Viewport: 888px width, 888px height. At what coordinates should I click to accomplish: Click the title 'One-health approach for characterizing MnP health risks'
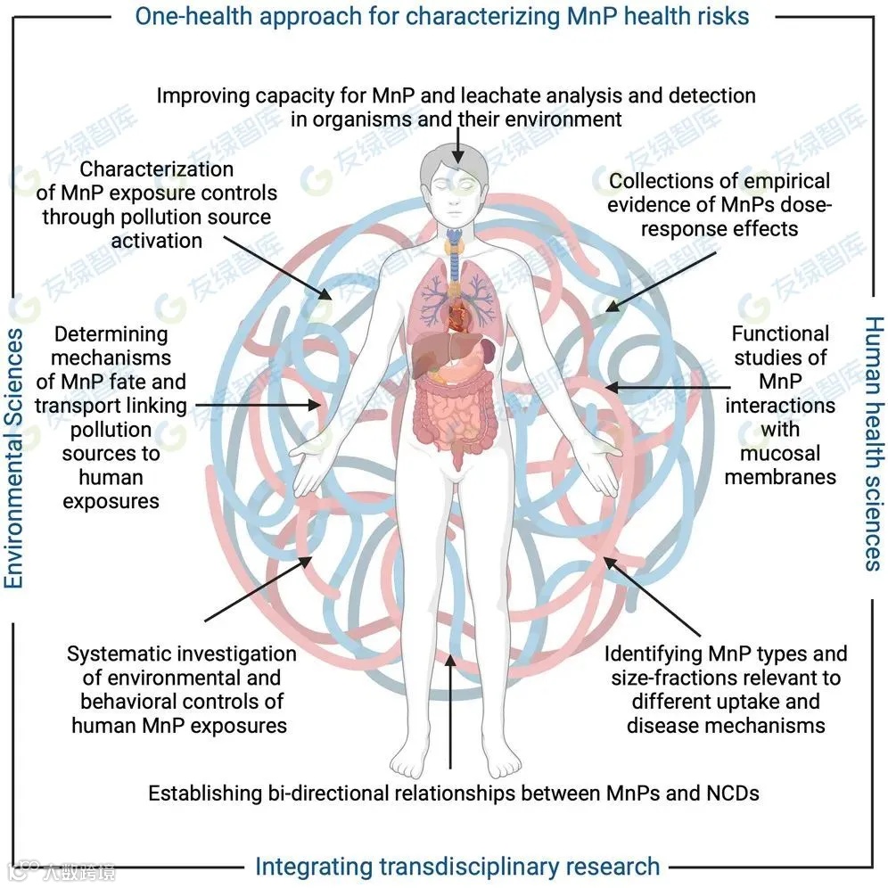[442, 15]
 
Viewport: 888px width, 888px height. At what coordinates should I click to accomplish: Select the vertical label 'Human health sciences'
[875, 443]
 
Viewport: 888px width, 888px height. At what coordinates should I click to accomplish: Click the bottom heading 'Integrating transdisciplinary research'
[457, 865]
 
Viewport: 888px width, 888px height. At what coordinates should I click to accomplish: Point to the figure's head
[456, 184]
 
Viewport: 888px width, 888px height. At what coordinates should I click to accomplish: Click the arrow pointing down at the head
[457, 146]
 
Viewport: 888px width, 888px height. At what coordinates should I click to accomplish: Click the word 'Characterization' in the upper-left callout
[157, 169]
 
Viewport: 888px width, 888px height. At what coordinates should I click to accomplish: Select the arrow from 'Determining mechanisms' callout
[259, 404]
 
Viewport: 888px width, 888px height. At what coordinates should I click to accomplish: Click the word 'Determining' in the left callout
[111, 335]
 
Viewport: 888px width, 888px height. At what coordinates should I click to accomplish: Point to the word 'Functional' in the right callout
[780, 334]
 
